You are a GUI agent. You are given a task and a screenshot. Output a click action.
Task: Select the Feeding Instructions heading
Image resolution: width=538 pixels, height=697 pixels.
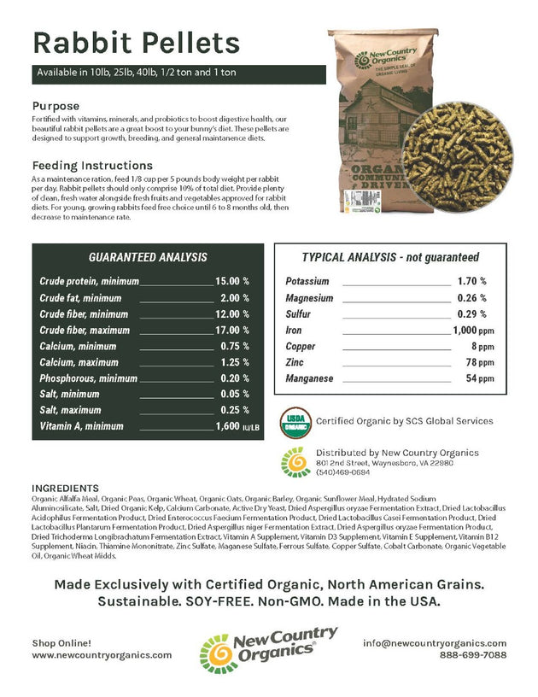93,165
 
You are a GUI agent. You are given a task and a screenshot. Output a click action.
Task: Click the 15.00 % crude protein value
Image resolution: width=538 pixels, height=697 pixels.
231,280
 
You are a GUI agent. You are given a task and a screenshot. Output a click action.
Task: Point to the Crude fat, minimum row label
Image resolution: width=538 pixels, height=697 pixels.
80,297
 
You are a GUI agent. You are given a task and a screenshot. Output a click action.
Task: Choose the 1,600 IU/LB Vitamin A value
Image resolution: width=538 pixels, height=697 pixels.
231,426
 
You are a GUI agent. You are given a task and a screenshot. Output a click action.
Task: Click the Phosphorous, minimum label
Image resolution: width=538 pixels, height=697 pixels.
88,378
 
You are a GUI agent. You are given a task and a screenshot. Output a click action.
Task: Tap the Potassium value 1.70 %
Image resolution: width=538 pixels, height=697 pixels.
471,281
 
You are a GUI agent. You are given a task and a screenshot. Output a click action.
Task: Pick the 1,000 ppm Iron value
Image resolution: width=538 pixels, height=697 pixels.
472,330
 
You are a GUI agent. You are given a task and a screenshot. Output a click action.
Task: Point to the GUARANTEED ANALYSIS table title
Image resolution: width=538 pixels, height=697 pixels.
148,257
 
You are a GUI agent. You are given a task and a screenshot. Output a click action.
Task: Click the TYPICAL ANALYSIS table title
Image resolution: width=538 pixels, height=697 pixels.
390,257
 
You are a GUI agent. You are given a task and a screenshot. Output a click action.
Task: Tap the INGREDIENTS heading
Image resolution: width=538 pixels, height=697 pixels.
64,488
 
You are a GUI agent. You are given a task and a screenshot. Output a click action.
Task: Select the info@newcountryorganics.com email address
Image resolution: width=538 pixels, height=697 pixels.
435,642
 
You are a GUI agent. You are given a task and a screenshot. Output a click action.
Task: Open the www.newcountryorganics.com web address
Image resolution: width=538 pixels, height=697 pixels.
102,655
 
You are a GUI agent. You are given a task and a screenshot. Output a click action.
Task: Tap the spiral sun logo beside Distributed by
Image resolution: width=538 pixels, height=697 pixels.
295,461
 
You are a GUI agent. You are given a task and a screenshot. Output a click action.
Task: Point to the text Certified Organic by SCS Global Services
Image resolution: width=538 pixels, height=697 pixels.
404,420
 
